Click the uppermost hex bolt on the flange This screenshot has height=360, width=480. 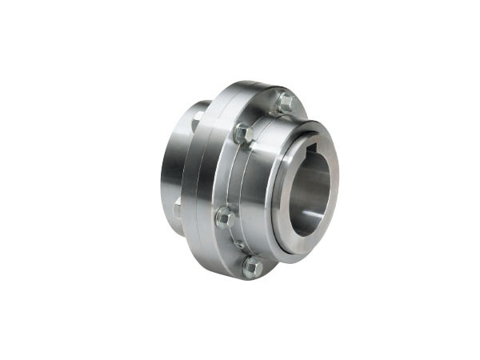[x=286, y=102]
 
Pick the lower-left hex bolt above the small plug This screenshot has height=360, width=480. [x=225, y=217]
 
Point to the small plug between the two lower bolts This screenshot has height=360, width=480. [x=238, y=243]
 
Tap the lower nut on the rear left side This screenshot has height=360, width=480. [x=178, y=210]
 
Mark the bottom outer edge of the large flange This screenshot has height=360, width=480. [x=240, y=276]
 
